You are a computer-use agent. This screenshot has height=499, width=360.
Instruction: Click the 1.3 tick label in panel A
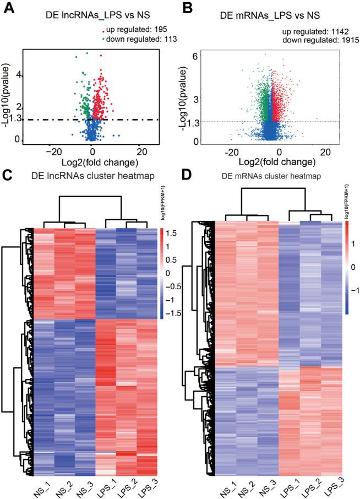pos(17,119)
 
